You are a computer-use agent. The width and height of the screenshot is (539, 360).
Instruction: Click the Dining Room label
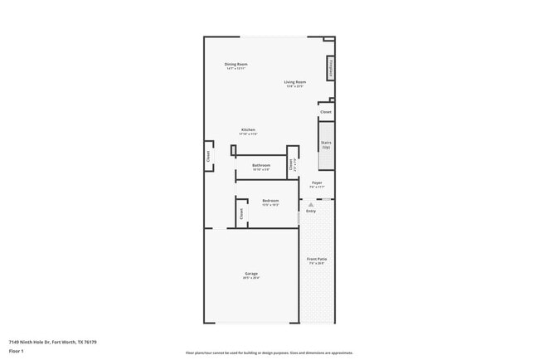coord(236,64)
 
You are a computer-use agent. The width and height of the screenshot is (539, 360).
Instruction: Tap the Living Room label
coord(295,82)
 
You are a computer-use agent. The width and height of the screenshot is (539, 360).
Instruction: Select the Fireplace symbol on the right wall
coord(331,67)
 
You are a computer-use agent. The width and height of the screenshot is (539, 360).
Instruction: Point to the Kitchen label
coord(248,129)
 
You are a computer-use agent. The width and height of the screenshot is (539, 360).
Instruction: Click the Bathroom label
coord(262,165)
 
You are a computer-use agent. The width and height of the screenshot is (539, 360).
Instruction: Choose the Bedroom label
coord(270,201)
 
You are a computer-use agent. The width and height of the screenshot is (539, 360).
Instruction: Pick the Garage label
coord(250,274)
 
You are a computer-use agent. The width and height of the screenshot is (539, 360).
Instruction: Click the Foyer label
coord(317,182)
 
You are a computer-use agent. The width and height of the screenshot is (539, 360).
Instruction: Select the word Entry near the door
coord(311,212)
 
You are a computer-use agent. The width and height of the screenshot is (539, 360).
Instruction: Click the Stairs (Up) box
coord(326,144)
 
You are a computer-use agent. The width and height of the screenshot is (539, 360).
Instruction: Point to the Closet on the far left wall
coord(207,155)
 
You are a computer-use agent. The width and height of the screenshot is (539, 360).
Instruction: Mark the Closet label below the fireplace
coord(326,111)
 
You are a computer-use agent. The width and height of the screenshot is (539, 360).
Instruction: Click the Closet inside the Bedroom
coord(241,212)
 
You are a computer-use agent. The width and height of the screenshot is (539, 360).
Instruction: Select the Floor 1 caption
coord(17,351)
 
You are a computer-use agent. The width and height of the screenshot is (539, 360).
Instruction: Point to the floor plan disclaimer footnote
coord(269,353)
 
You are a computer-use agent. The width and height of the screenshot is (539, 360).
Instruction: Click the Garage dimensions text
coord(250,278)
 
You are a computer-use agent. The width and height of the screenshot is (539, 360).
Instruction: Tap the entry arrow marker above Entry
coord(311,204)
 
